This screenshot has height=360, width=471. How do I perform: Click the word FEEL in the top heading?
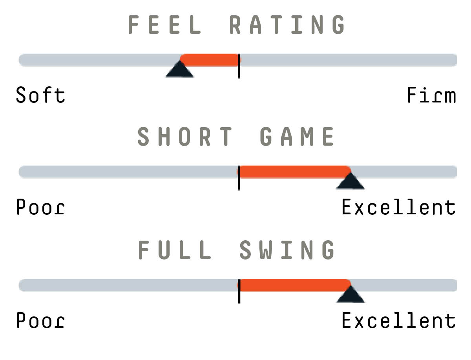click(164, 24)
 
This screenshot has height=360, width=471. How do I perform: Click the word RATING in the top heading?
click(287, 24)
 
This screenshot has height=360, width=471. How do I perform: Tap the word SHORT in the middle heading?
click(184, 137)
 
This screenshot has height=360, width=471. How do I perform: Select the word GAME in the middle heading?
click(297, 137)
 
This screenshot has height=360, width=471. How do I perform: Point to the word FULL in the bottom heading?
click(175, 250)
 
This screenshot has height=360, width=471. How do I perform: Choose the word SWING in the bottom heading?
click(287, 250)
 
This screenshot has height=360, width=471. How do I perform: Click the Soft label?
click(40, 95)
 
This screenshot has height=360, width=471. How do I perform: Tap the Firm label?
click(431, 95)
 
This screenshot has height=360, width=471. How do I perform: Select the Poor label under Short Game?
click(40, 206)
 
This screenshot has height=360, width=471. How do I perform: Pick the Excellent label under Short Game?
click(399, 206)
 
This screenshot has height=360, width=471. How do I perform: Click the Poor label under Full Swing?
click(40, 320)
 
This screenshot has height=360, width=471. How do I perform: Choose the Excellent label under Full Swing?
click(399, 320)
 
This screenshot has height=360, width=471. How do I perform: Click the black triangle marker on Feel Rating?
click(180, 70)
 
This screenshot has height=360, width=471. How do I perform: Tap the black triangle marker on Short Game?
click(351, 182)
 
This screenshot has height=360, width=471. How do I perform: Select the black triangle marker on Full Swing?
click(351, 295)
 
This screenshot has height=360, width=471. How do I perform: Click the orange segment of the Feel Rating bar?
click(210, 60)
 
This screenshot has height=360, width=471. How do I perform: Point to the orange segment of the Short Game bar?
click(294, 172)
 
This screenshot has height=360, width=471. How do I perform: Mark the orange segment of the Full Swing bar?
click(294, 285)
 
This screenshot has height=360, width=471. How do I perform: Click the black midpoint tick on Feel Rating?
click(239, 66)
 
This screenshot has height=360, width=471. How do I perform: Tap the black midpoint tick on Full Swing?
click(239, 291)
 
